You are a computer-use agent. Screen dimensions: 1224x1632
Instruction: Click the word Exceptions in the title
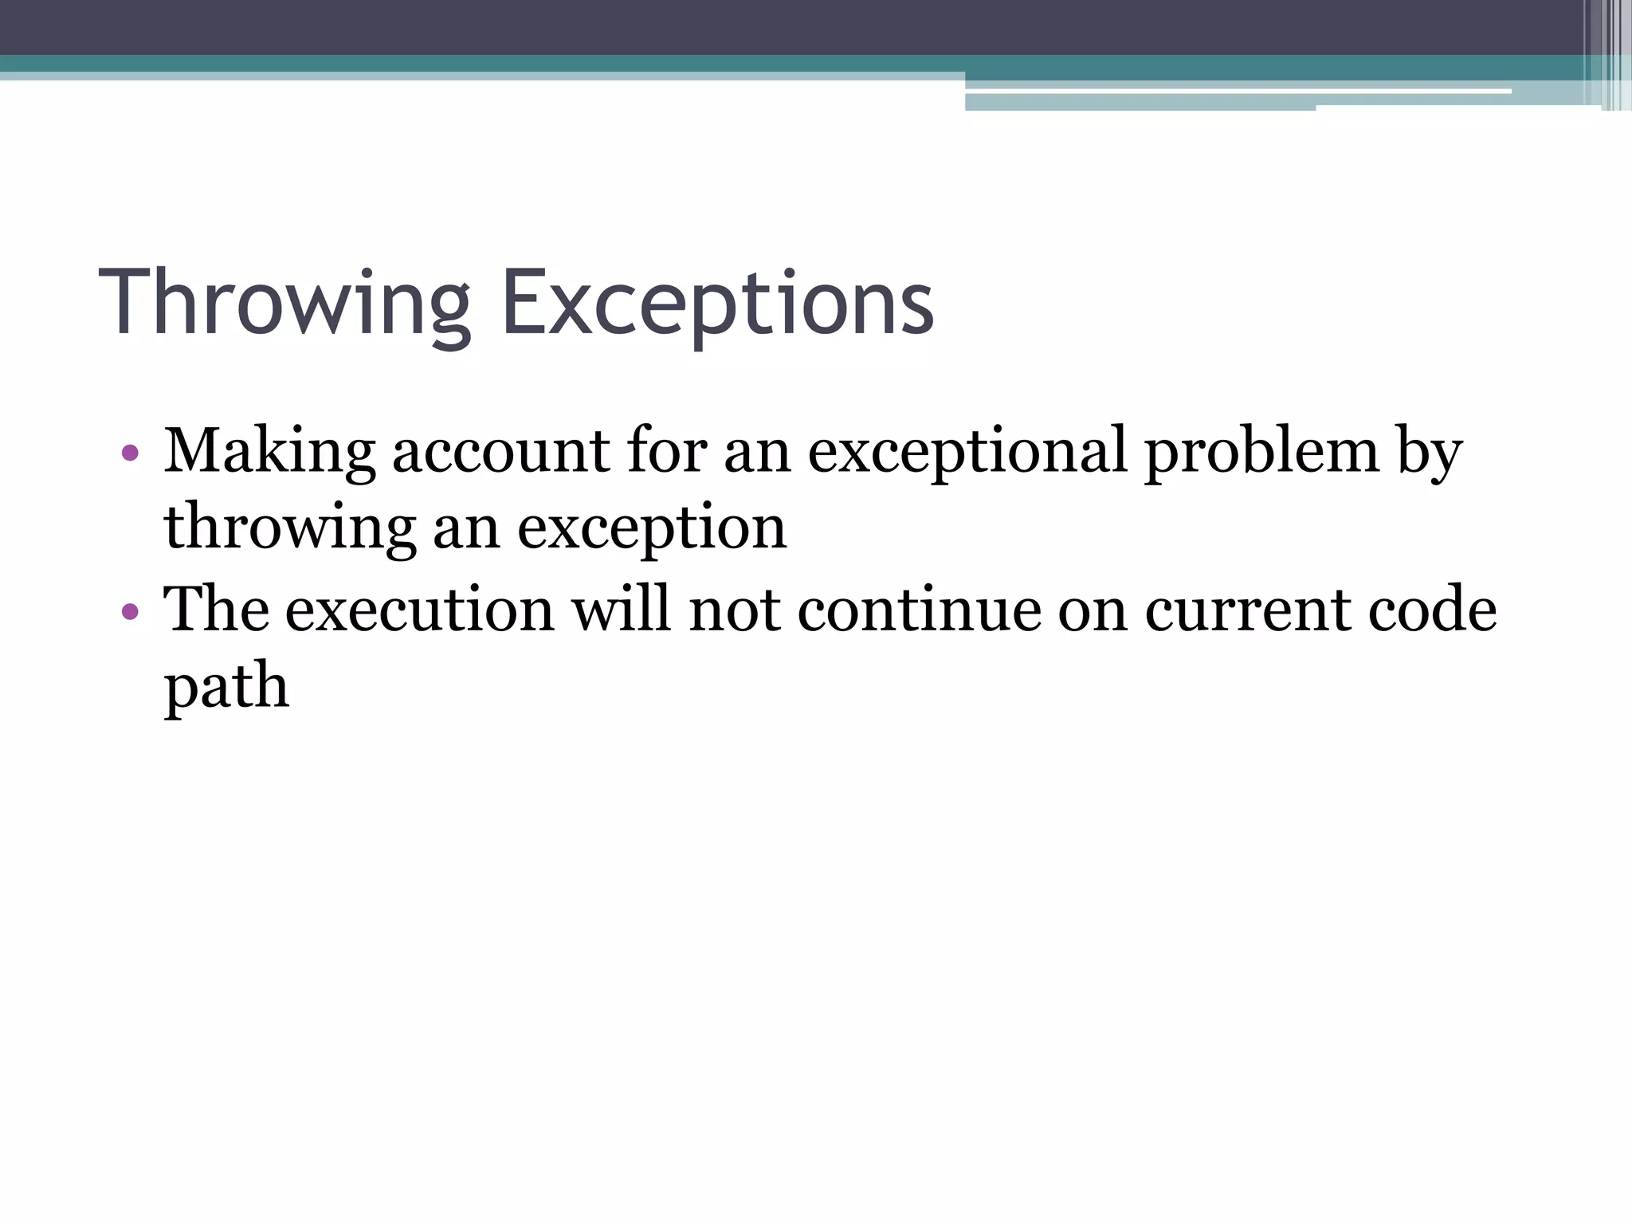(717, 304)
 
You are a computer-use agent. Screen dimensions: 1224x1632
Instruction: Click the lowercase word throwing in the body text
(290, 528)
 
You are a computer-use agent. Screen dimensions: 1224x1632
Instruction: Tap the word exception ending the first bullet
(652, 528)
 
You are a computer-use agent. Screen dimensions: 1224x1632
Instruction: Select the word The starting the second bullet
(216, 609)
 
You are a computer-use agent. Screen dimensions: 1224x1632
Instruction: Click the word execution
(419, 609)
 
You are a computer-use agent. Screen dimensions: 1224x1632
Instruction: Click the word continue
(919, 609)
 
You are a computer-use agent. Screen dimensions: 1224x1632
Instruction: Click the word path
(226, 685)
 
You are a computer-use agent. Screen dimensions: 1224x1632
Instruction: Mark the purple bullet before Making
(131, 454)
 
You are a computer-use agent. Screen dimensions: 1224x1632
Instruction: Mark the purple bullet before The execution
(131, 612)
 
